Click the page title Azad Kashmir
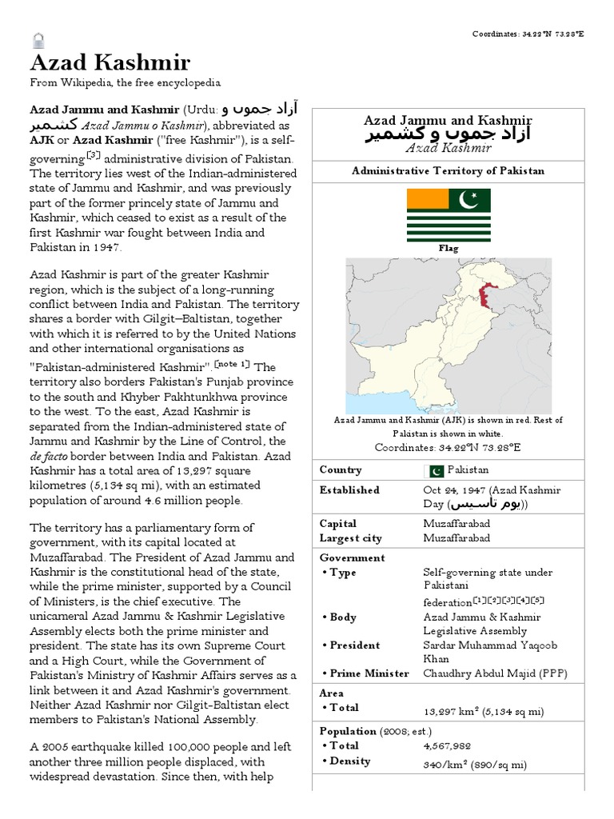(110, 63)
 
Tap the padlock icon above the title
(38, 38)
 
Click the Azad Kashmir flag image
(449, 215)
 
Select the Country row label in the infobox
(341, 470)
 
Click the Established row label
(349, 490)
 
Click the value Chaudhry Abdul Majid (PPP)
(495, 673)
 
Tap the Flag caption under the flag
(449, 249)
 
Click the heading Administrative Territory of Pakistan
(449, 171)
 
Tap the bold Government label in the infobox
(352, 557)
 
